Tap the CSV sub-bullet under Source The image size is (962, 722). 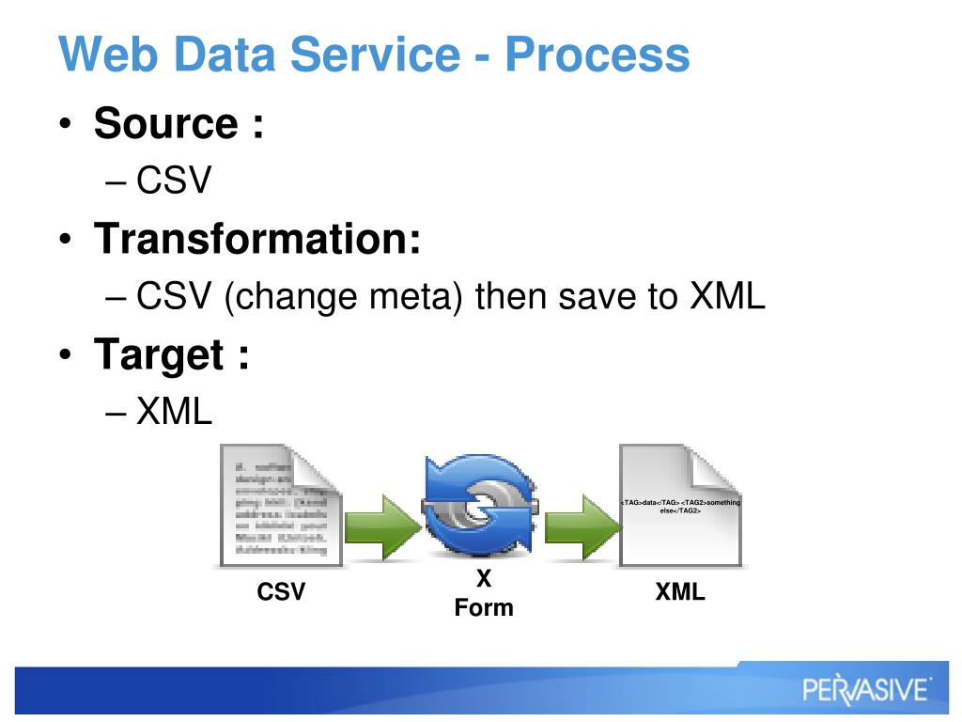[175, 180]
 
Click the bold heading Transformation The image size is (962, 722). [256, 239]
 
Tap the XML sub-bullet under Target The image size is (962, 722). [175, 412]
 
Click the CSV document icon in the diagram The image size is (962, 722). [279, 506]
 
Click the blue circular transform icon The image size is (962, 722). [481, 508]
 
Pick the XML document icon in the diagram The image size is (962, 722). [681, 506]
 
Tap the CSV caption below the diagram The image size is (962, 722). [281, 592]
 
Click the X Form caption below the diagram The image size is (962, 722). [484, 594]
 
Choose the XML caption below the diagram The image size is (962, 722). [680, 592]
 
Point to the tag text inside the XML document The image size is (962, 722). [681, 506]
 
